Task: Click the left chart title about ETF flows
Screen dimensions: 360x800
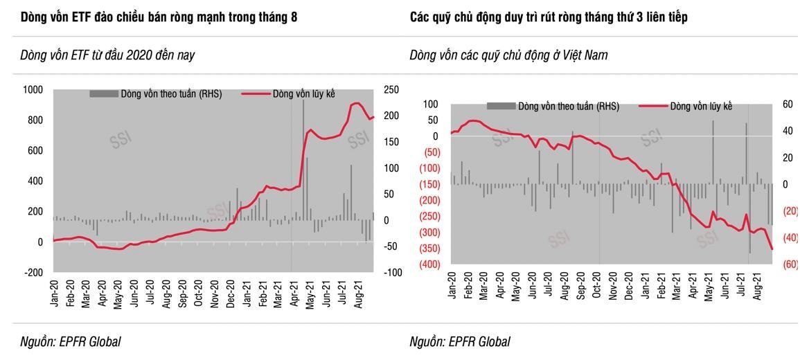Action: click(159, 17)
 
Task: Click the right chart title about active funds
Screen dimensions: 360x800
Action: click(549, 17)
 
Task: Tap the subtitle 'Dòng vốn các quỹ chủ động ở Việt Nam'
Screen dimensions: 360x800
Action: click(508, 55)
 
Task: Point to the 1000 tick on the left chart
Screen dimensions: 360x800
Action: click(33, 90)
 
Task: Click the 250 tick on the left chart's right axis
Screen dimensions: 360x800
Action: click(391, 90)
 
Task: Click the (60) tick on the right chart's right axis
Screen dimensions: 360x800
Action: click(790, 264)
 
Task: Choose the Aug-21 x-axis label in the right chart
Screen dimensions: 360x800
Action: click(758, 286)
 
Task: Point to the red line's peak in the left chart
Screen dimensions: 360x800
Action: click(356, 103)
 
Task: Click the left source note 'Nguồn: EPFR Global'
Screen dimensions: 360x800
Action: click(71, 341)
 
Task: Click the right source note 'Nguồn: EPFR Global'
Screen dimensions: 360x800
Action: click(460, 341)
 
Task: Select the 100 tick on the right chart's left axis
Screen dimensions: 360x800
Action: click(431, 104)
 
